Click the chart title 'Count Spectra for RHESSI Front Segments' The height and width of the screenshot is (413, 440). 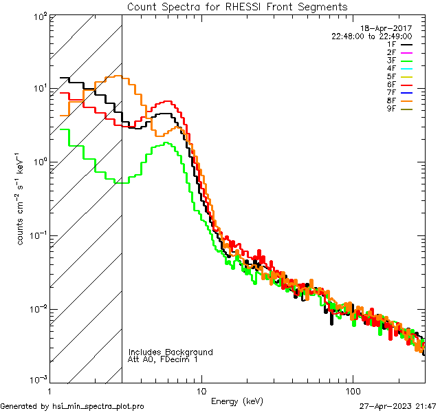[237, 6]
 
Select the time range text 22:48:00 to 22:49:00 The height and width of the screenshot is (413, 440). [371, 36]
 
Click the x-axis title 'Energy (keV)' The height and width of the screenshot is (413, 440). [237, 401]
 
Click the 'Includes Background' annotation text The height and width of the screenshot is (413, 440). [170, 352]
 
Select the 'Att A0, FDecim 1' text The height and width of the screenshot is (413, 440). [163, 360]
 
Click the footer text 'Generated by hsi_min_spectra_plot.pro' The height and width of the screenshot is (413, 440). [72, 407]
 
